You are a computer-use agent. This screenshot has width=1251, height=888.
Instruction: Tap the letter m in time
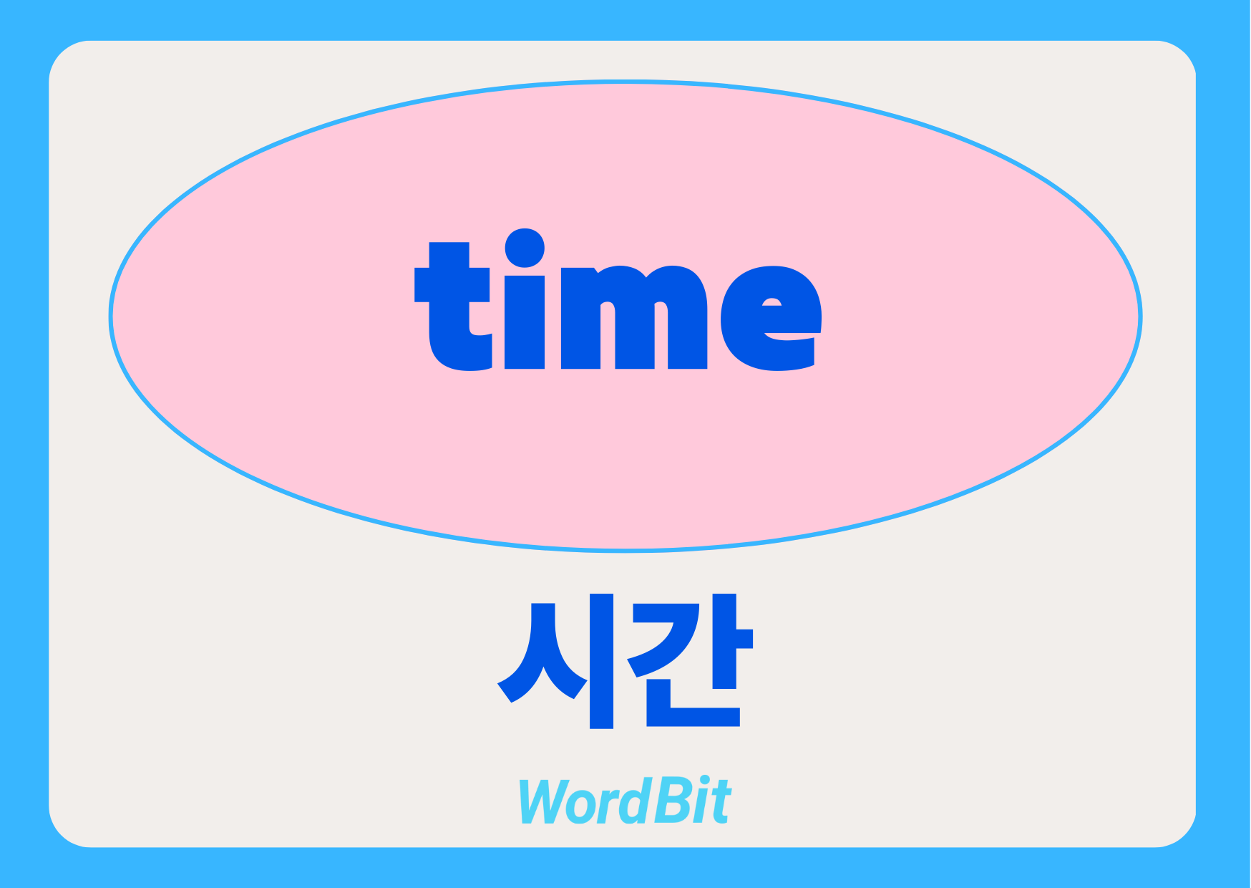point(634,318)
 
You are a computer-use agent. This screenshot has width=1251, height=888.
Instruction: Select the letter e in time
point(771,318)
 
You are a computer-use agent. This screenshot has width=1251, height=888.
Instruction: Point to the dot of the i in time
point(525,248)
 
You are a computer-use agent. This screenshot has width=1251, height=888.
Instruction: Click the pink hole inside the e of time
point(772,301)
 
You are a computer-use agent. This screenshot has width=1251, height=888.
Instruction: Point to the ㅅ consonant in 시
point(542,652)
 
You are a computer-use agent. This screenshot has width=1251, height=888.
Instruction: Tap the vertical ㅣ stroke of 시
point(602,661)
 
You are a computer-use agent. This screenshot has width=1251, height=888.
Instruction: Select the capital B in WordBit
point(668,800)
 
